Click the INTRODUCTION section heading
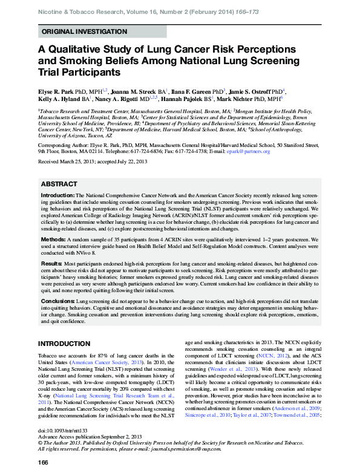[64, 344]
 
